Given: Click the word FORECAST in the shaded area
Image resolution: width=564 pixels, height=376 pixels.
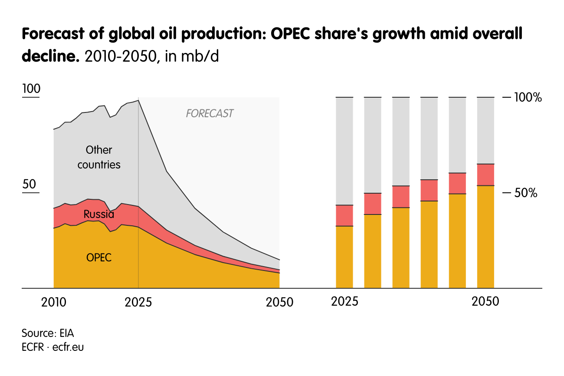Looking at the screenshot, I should (x=210, y=114).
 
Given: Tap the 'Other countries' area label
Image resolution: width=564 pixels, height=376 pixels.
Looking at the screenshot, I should (x=99, y=157).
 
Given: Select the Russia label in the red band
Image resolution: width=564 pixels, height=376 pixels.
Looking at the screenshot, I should (x=99, y=214).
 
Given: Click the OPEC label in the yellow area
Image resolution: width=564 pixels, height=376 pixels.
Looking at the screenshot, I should (x=99, y=257).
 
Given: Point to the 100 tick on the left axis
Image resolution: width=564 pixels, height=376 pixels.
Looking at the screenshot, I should (x=31, y=89).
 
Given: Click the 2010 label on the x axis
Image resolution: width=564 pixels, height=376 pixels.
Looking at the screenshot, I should (x=54, y=302).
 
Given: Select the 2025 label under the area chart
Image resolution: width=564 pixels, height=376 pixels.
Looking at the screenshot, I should (x=138, y=302).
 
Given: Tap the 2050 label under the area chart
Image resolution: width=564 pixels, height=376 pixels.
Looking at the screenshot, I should (x=280, y=302).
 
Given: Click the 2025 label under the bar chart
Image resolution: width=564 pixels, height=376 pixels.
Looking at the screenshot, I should (x=344, y=301).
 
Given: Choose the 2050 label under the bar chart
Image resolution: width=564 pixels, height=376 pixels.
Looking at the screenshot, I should (x=485, y=301).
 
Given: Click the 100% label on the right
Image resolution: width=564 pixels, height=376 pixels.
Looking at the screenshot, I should (x=528, y=98).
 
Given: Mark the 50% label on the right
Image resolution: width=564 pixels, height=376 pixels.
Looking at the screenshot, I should (x=526, y=193).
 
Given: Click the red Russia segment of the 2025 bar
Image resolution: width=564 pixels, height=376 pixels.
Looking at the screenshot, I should (x=344, y=215).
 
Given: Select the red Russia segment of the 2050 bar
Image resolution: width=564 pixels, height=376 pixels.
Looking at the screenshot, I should (x=485, y=175).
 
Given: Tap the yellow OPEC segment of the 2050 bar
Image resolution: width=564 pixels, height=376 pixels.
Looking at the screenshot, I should (x=485, y=237).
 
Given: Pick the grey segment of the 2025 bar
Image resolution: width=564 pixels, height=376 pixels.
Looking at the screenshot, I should (x=344, y=151).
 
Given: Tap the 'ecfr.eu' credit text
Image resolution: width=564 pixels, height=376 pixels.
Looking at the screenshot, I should (x=68, y=347).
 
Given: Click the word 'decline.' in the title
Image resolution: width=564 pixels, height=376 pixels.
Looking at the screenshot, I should (x=49, y=56).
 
